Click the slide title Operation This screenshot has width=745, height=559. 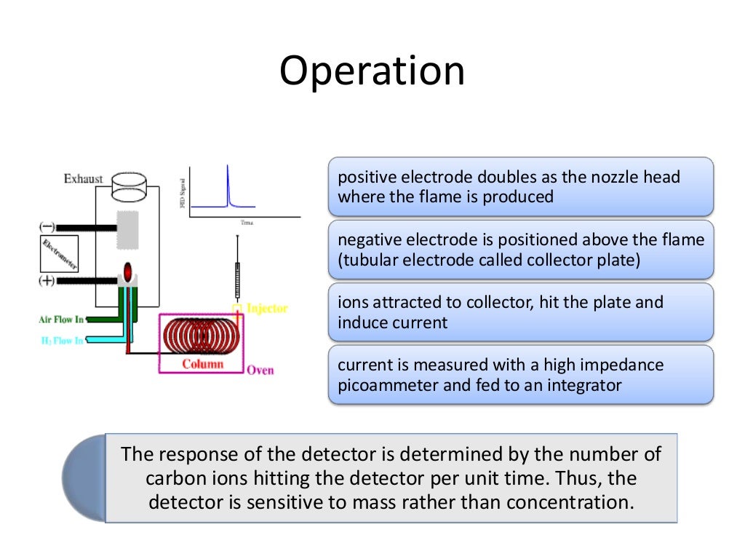(x=372, y=72)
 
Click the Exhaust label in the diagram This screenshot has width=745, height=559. (x=83, y=178)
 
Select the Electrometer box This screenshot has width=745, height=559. (x=60, y=254)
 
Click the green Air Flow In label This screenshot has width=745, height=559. (x=62, y=319)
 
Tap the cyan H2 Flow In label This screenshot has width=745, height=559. (x=62, y=340)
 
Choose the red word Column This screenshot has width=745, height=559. (x=202, y=363)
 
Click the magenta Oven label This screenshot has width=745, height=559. (x=260, y=370)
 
